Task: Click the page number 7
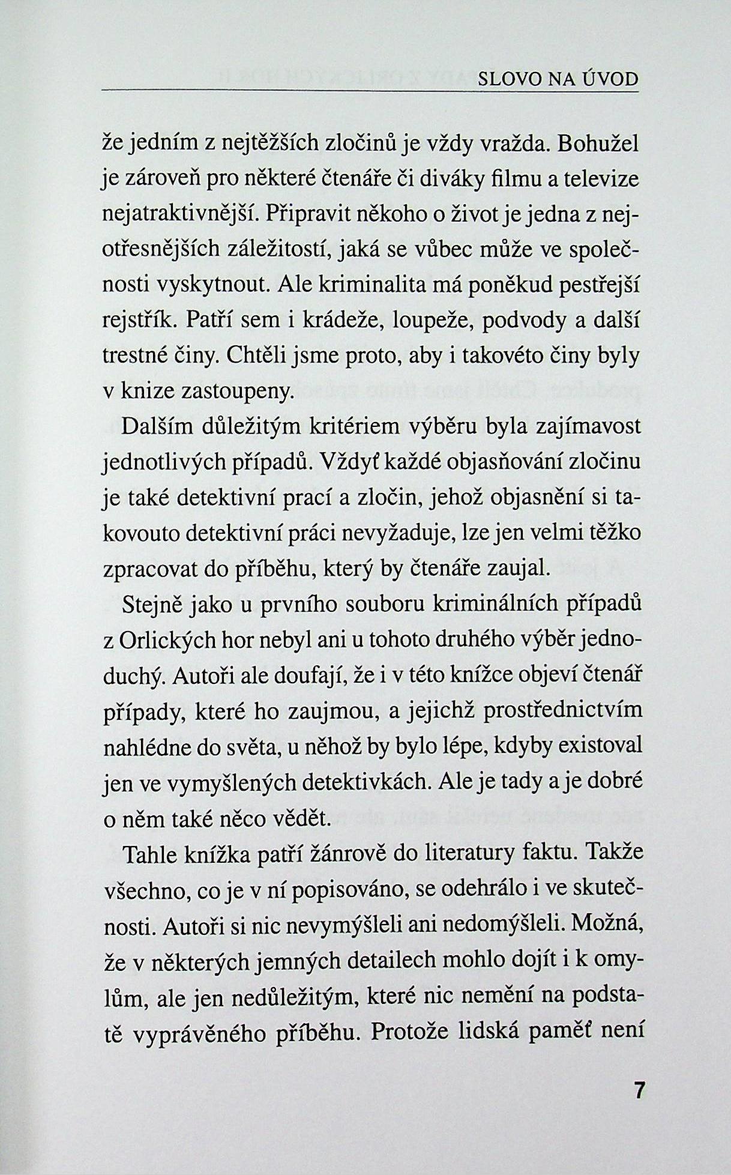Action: pos(639,1090)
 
